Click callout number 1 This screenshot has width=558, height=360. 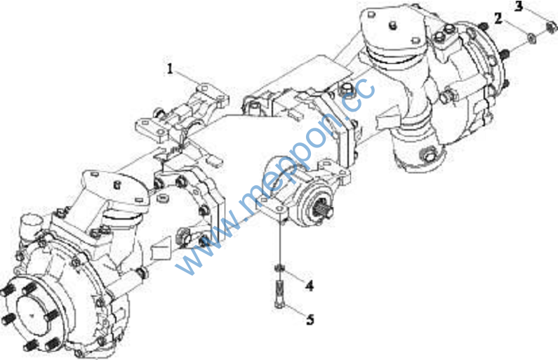170,69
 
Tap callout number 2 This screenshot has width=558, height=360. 498,18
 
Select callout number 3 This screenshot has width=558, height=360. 519,6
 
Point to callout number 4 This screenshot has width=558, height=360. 310,286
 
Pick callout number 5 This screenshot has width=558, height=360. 310,319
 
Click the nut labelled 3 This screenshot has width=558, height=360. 551,25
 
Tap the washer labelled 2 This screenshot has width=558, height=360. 531,38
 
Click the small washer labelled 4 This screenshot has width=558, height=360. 280,267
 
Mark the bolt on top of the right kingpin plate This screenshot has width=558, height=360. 393,25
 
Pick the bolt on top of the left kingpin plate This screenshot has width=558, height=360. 117,185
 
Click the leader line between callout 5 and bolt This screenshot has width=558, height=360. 295,312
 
